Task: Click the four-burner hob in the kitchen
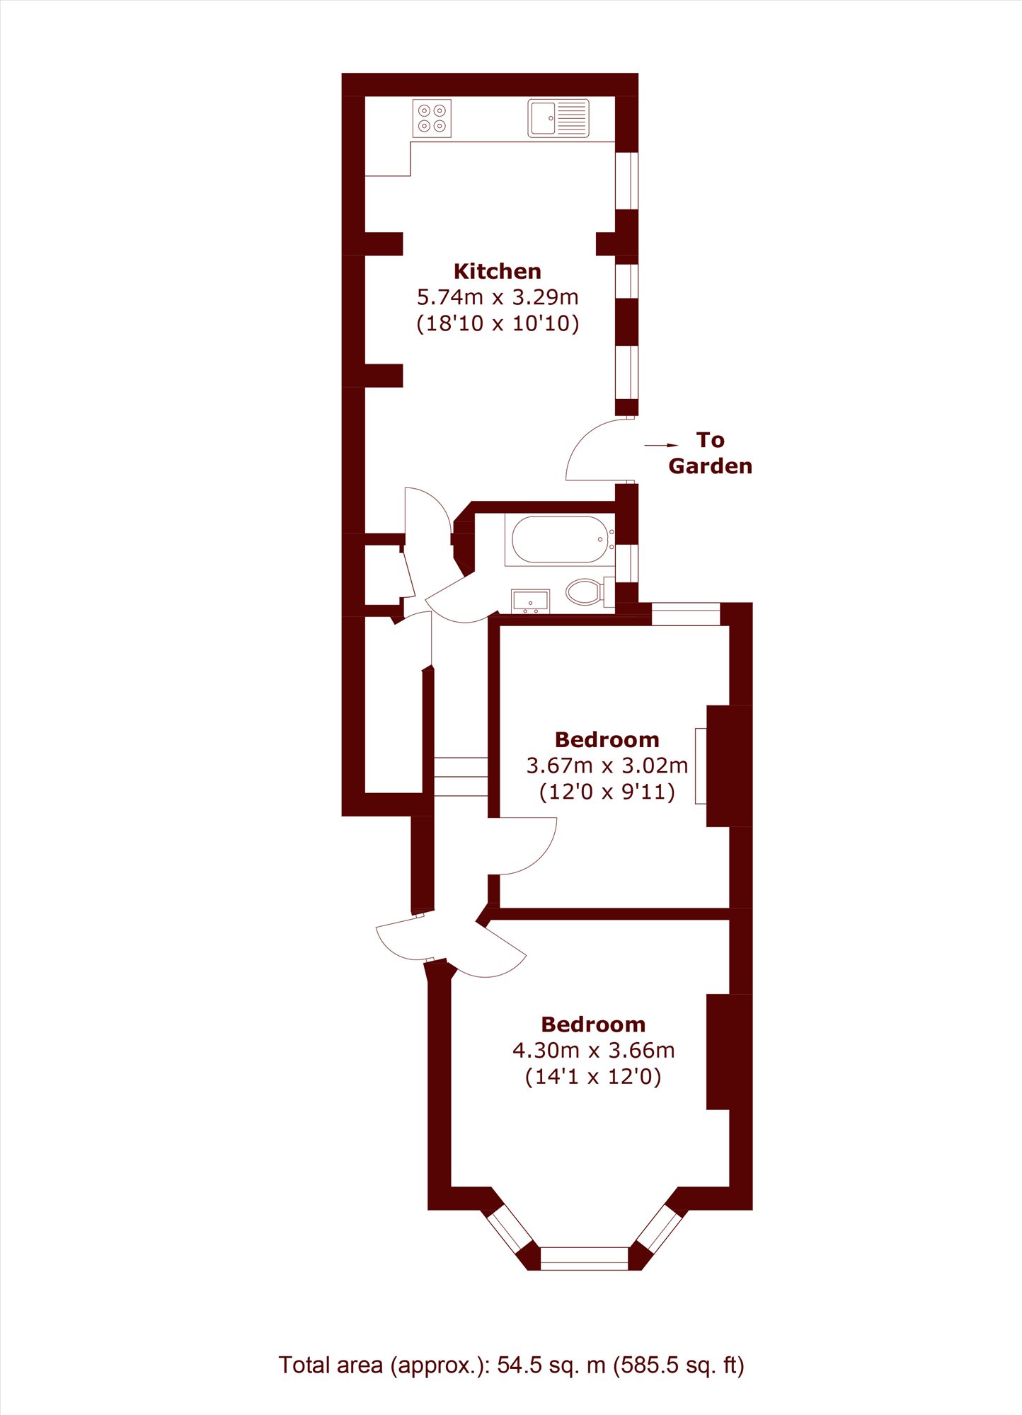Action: click(x=432, y=118)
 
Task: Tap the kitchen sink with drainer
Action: click(x=558, y=118)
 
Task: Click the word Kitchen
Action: click(x=498, y=271)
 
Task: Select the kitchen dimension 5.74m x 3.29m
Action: click(x=498, y=297)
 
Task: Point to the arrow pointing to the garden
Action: click(x=661, y=446)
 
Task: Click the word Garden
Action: click(x=710, y=466)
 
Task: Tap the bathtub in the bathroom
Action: click(x=559, y=540)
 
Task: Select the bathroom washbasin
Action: click(x=530, y=601)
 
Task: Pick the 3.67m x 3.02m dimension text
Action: click(x=607, y=766)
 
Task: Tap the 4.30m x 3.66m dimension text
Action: click(x=593, y=1051)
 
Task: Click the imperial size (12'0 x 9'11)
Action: click(x=607, y=792)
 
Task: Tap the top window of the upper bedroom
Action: click(x=686, y=614)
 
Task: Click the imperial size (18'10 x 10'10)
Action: click(x=498, y=323)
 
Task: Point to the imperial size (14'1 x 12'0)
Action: click(x=593, y=1077)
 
